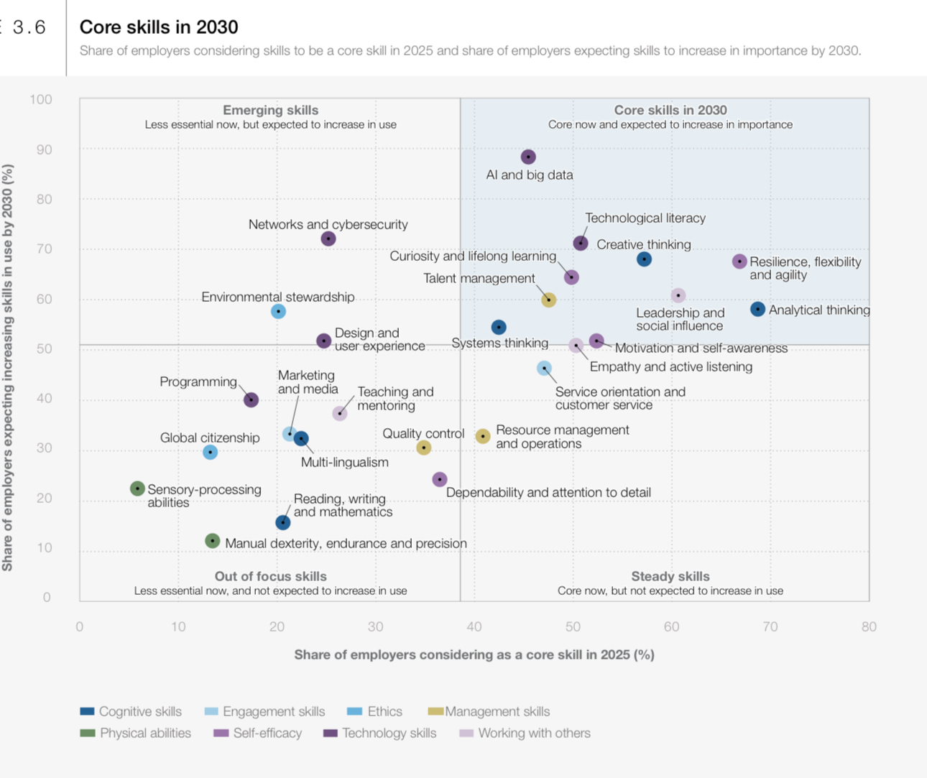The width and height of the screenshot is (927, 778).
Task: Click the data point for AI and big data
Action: tap(528, 157)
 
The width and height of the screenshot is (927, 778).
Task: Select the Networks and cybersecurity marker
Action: tap(328, 239)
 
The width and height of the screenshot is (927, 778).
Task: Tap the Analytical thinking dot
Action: tap(757, 309)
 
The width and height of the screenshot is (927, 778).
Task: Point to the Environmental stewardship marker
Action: tap(278, 311)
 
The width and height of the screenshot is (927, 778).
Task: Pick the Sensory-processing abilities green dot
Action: tap(137, 488)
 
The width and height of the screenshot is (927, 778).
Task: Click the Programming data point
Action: tap(251, 399)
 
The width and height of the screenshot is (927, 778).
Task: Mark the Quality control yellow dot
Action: tap(424, 448)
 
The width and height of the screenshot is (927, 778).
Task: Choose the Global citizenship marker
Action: tap(210, 452)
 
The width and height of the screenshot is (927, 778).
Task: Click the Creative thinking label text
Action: tap(643, 244)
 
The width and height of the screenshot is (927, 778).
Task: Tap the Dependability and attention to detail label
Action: tap(548, 492)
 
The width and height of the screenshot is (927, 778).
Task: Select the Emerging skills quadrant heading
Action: tap(270, 110)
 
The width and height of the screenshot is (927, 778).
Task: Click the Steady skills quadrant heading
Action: tap(670, 576)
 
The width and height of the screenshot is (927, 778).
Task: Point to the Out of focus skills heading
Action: tap(270, 576)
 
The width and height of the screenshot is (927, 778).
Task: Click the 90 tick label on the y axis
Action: tap(45, 149)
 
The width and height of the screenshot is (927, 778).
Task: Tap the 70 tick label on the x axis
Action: tap(770, 626)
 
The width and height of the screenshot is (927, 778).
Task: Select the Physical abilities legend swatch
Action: tap(88, 733)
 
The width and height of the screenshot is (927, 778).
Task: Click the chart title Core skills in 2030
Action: tap(159, 27)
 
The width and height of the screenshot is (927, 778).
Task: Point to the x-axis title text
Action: tap(474, 654)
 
